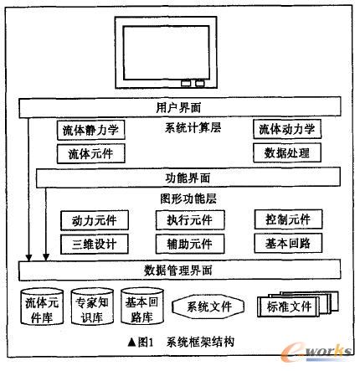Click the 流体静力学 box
pos(91,130)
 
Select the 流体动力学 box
pos(287,129)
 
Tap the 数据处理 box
pos(287,152)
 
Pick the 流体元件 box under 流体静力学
pos(91,153)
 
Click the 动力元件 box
pos(95,220)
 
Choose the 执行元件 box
pos(190,220)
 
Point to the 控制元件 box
pos(288,219)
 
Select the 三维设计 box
pos(95,244)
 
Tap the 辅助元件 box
pos(190,244)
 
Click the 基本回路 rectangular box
pos(288,243)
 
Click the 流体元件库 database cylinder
pos(43,307)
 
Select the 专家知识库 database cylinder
pos(92,307)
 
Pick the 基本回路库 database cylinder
pos(142,307)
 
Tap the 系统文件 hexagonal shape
pos(208,307)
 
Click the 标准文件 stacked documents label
pos(289,307)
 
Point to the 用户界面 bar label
pos(178,107)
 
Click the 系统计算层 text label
pos(193,128)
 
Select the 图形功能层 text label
pos(188,198)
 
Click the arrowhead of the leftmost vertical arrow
pos(28,258)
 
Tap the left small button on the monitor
pos(186,83)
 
